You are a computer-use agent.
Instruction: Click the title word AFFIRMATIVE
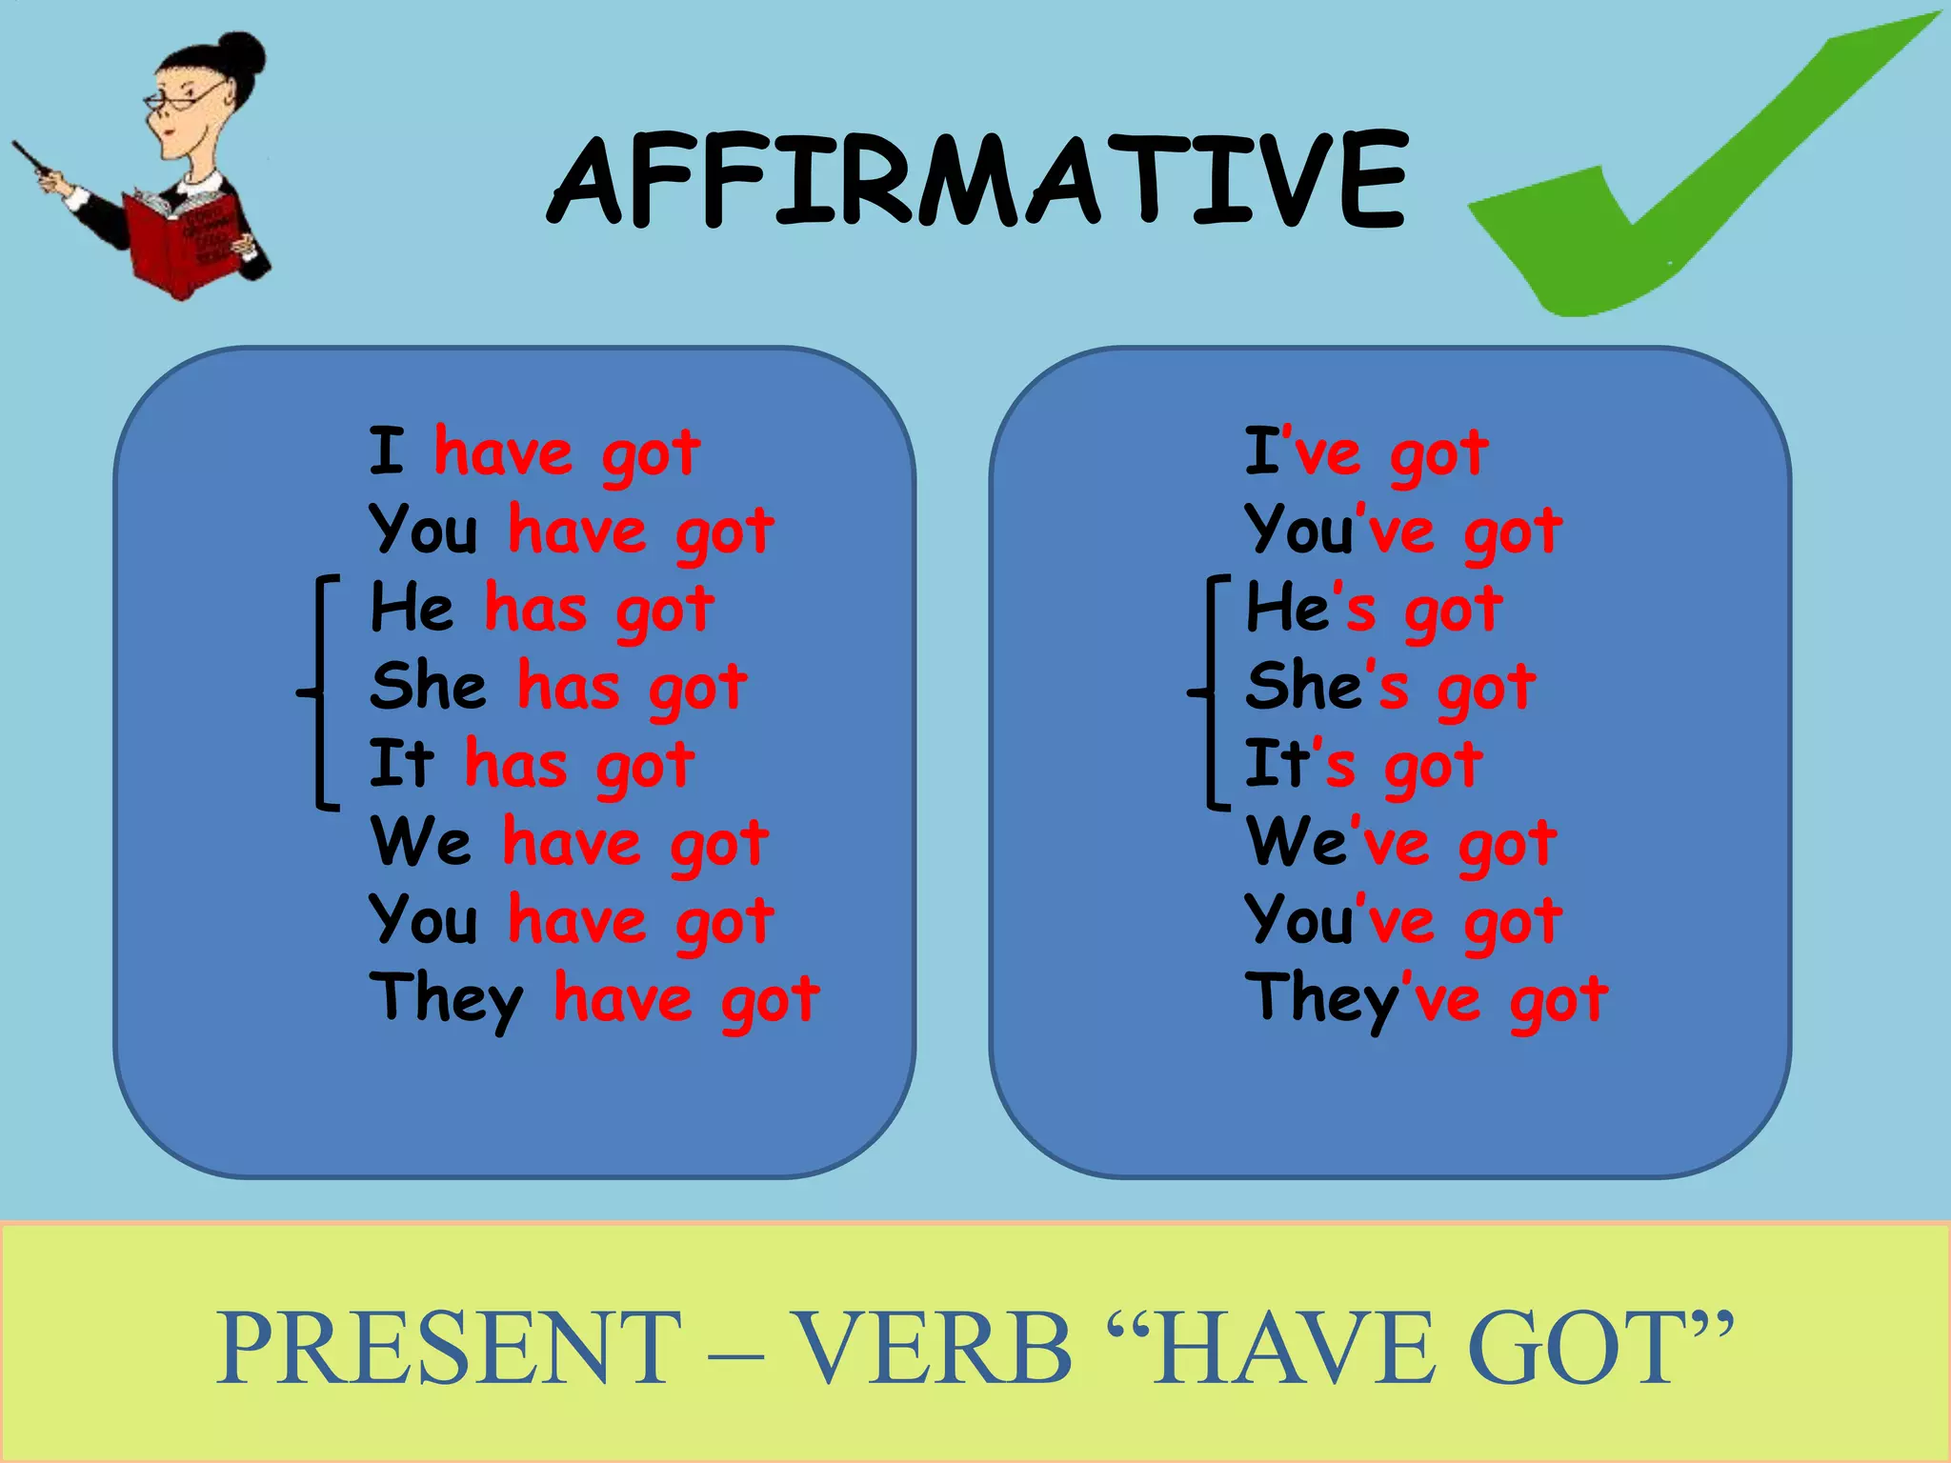click(977, 181)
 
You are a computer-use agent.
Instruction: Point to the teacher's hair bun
click(242, 57)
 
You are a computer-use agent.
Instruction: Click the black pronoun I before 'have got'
click(387, 451)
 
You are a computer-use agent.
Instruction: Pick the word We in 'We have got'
click(420, 842)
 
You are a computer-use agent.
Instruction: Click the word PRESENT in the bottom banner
click(449, 1347)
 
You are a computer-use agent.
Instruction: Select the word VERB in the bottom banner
click(934, 1347)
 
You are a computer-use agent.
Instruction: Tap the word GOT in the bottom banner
click(1581, 1347)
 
